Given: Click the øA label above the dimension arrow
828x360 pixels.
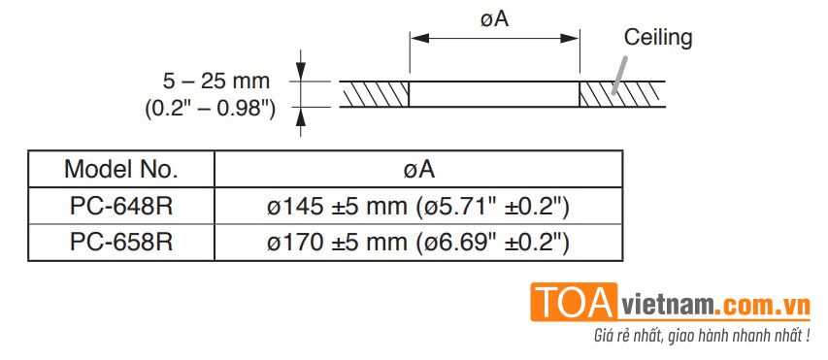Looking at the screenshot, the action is coord(494,19).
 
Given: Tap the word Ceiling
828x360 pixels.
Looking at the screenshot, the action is coord(657,39).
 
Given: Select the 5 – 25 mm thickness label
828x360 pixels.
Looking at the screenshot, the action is coord(215,82).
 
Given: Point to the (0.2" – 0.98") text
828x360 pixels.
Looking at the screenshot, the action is coord(211,109).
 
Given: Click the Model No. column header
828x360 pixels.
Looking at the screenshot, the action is coord(121,170).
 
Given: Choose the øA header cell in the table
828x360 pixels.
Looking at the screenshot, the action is coord(418,170).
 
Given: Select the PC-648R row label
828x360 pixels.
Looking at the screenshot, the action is coord(121,207).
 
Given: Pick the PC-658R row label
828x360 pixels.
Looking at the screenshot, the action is coord(121,243).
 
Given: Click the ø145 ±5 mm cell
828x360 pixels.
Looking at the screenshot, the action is coord(418,207).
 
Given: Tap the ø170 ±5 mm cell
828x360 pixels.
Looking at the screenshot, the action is coord(418,243).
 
